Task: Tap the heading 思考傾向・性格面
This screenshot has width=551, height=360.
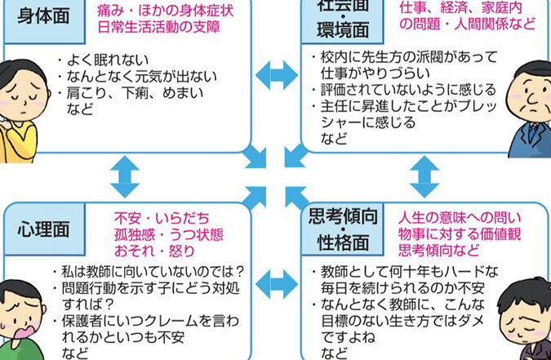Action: click(x=343, y=229)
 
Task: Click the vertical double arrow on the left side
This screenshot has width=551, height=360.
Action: click(x=121, y=173)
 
